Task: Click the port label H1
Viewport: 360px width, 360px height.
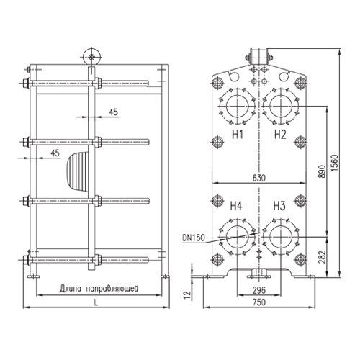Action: (238, 135)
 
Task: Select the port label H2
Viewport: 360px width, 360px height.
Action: (280, 135)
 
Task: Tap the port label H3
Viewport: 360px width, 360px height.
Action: (279, 206)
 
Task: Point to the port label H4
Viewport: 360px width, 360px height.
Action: (236, 206)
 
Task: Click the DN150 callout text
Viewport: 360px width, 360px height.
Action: (194, 238)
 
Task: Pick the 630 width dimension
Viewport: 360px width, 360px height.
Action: (259, 178)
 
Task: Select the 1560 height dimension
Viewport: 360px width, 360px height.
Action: (334, 163)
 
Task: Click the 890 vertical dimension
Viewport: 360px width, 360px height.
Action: (323, 171)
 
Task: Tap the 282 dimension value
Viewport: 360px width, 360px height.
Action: (323, 257)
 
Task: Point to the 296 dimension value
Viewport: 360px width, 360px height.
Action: (259, 290)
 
